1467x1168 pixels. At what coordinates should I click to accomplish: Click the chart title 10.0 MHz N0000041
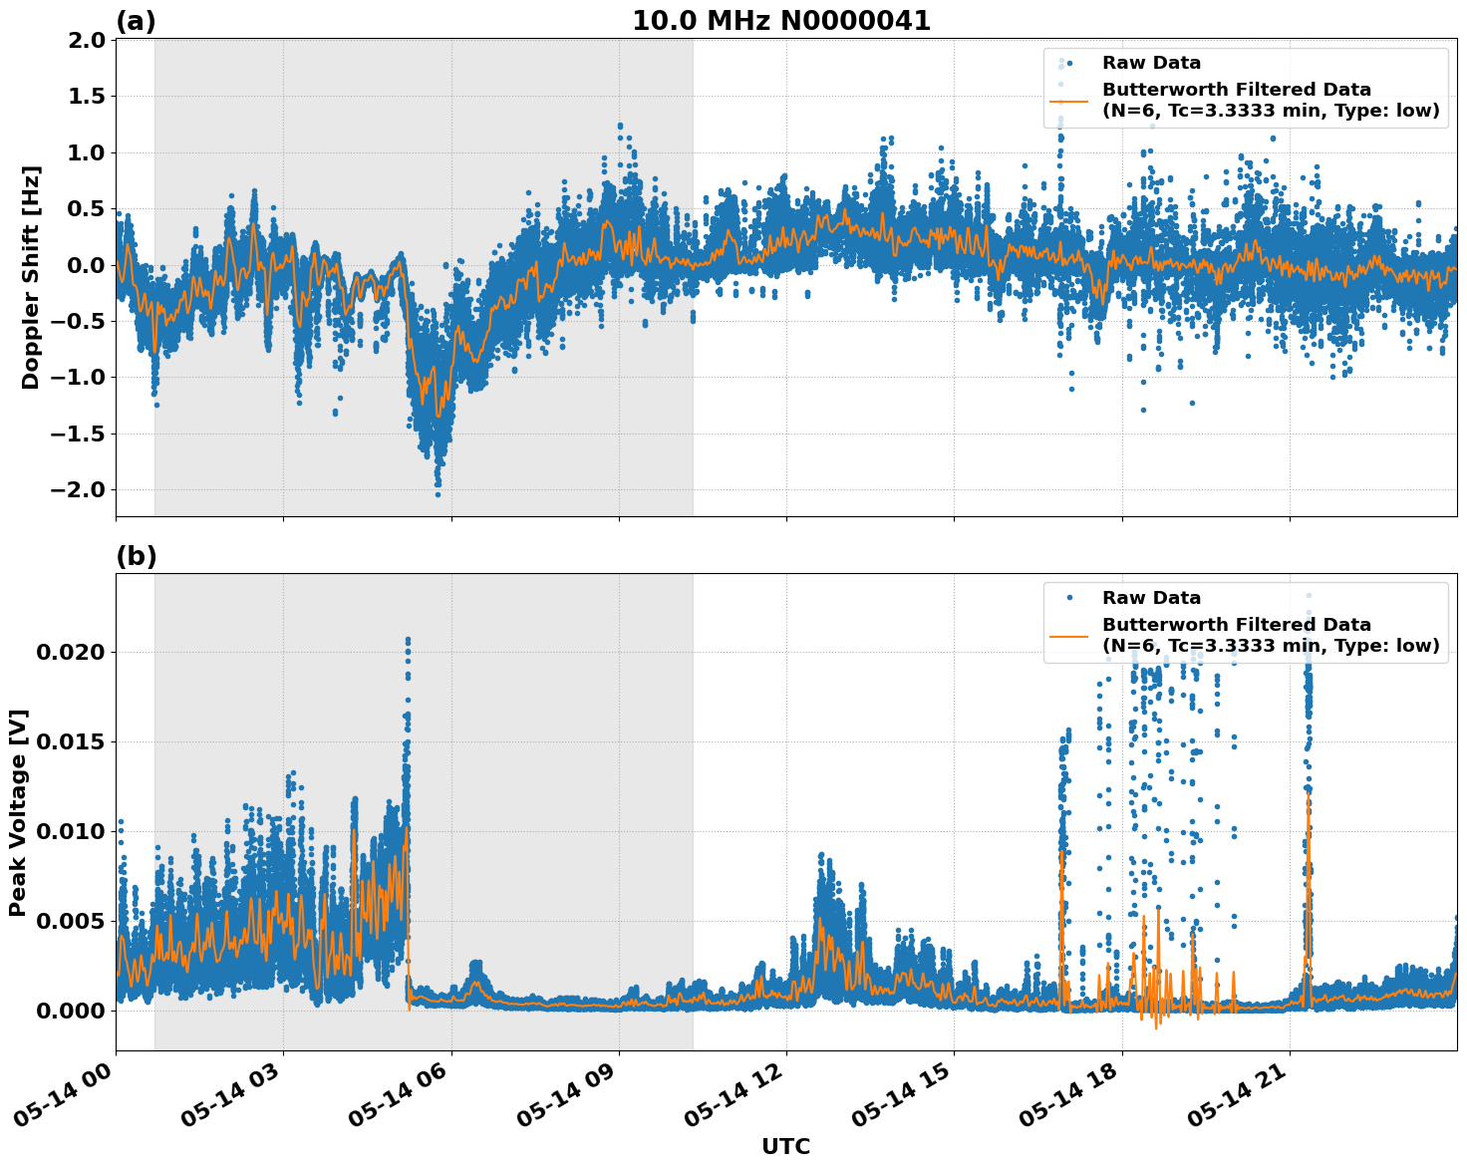coord(780,21)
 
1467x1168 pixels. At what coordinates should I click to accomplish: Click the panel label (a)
coord(136,21)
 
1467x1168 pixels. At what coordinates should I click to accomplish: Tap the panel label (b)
coord(136,556)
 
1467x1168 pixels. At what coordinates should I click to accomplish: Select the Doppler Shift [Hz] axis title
coord(31,277)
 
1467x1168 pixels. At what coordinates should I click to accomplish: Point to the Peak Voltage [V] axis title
coord(18,812)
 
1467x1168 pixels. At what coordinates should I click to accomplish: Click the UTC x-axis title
coord(785,1146)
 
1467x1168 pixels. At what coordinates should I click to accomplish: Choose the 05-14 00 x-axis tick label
coord(62,1100)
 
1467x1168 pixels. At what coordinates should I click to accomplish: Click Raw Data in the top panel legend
coord(1151,64)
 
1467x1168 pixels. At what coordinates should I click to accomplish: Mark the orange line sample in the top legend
coord(1069,100)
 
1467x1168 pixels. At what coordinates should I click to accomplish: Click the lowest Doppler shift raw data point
coord(438,493)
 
